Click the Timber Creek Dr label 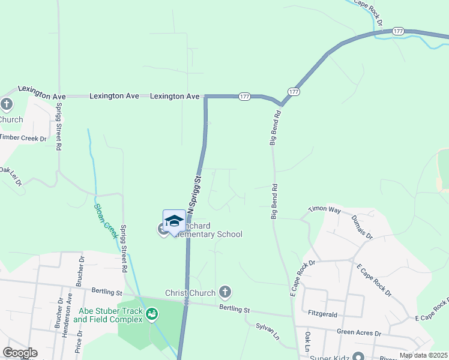23,137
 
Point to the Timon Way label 324,210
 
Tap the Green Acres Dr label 358,332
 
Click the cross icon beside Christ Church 225,292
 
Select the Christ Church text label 190,293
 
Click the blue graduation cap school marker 174,221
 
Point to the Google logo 20,353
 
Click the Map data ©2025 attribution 422,355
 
